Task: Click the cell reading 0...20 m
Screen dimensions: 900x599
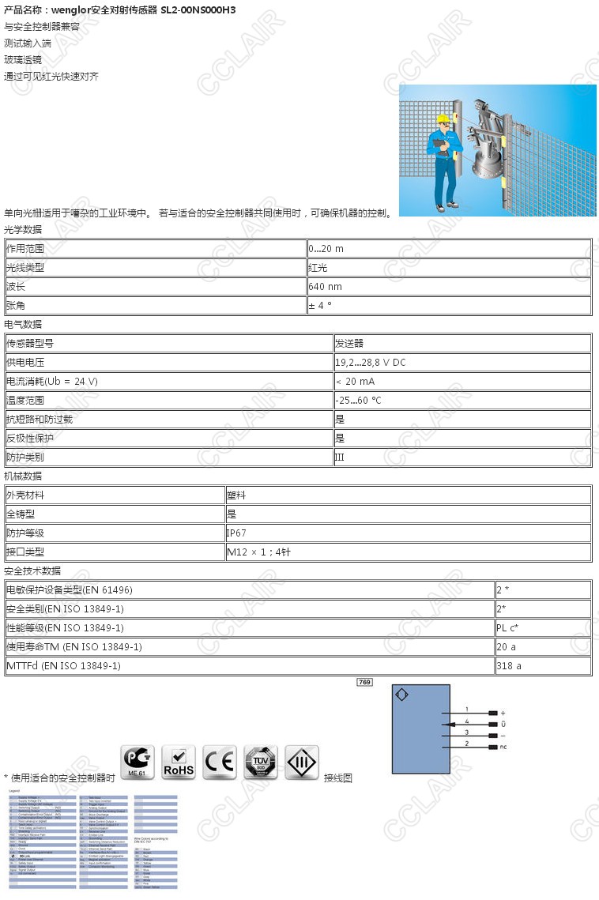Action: point(326,248)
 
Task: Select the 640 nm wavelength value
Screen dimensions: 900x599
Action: point(325,286)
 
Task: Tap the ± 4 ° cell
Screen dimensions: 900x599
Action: point(320,305)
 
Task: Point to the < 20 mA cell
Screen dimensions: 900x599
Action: point(355,381)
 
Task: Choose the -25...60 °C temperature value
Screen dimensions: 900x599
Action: point(358,400)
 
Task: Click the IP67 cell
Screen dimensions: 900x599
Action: point(237,533)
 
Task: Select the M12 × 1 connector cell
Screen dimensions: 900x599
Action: point(261,552)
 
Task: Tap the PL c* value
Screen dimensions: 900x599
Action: point(509,627)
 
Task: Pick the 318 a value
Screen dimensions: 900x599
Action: point(509,665)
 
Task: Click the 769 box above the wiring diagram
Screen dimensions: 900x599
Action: point(364,681)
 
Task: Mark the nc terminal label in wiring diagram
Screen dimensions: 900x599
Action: point(503,746)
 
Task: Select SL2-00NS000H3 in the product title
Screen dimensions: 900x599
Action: point(198,9)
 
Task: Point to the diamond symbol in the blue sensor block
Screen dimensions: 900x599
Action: point(401,695)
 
